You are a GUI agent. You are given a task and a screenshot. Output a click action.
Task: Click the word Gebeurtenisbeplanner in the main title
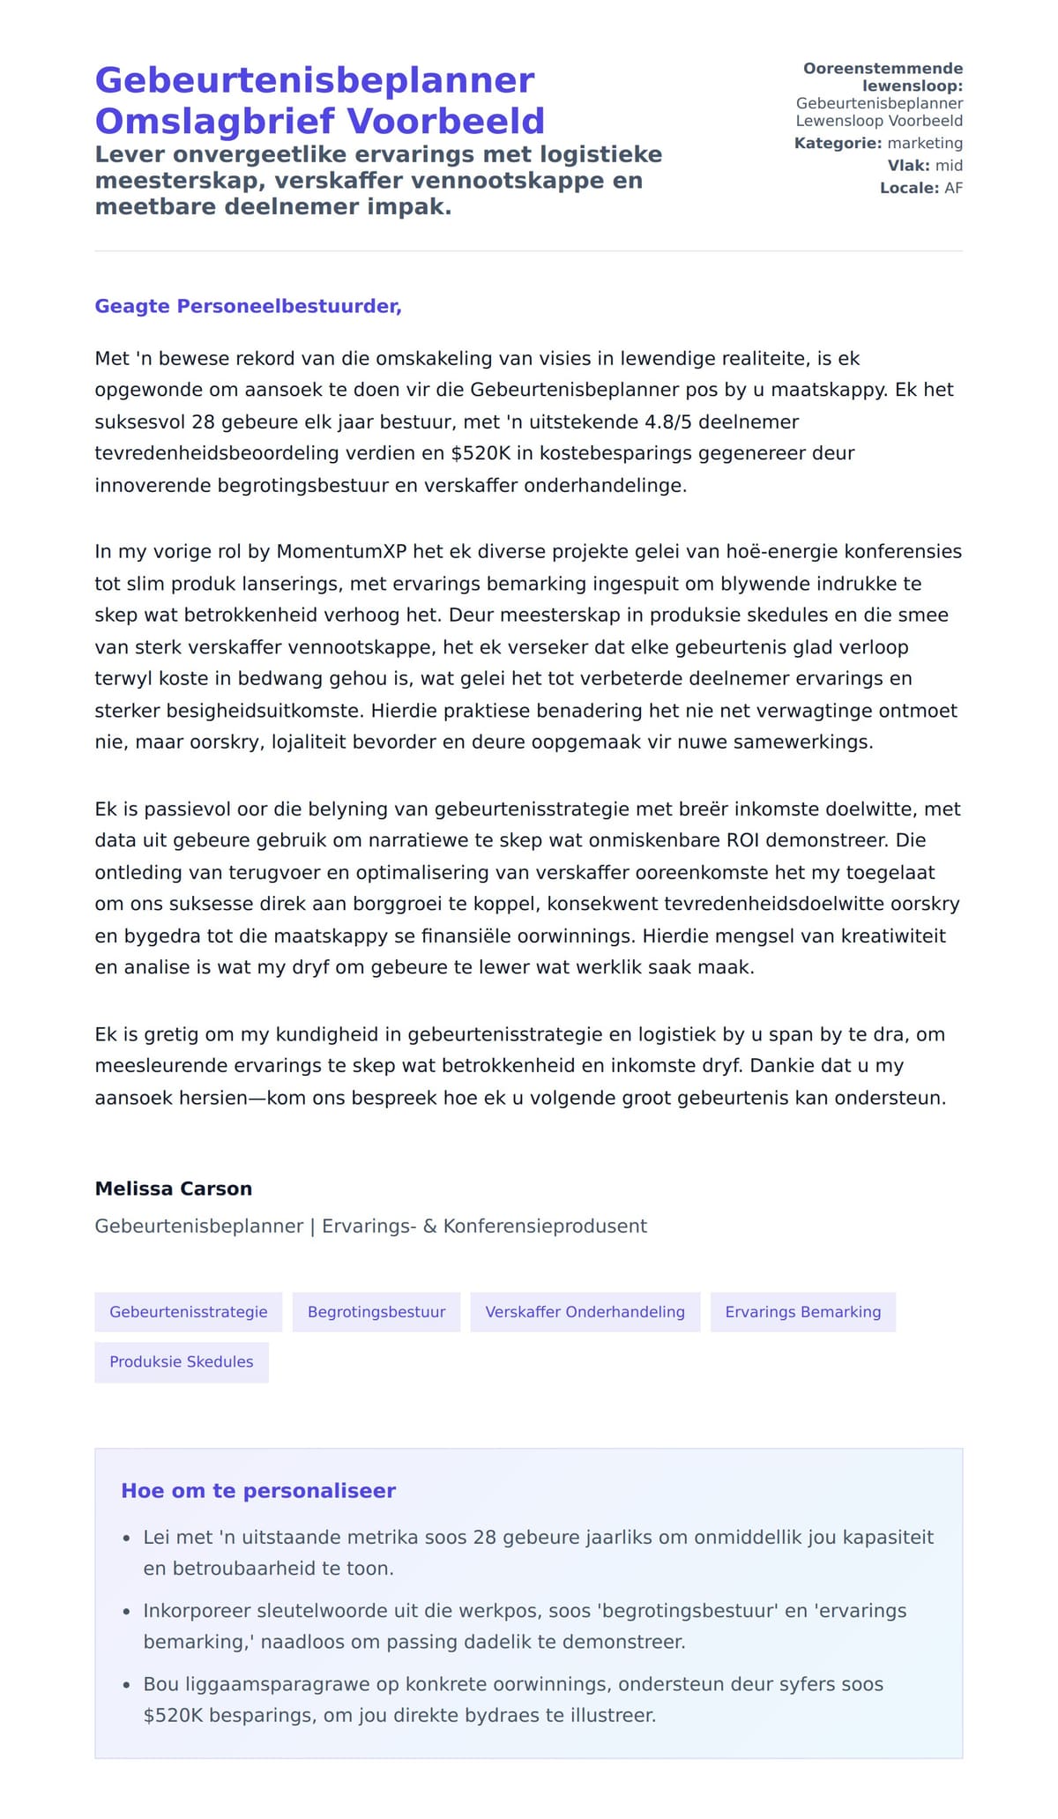tap(315, 81)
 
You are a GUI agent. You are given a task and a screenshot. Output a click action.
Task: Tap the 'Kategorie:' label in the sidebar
tap(837, 144)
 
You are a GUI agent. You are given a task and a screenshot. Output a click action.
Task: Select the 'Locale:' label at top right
tap(909, 188)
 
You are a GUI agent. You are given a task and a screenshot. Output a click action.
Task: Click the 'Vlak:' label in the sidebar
tap(908, 166)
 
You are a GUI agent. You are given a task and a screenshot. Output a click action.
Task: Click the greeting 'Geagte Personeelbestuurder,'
tap(248, 306)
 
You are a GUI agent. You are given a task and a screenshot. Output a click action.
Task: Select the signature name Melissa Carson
tap(174, 1189)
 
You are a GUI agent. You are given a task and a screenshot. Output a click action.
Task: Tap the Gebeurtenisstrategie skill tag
tap(188, 1312)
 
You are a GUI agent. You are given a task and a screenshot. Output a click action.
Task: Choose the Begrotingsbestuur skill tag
tap(376, 1312)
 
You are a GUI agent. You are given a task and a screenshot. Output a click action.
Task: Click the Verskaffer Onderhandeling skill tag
tap(585, 1312)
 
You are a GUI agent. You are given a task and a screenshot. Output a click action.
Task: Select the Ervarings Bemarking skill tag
tap(802, 1312)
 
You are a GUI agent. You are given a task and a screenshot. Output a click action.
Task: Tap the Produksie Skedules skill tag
tap(181, 1362)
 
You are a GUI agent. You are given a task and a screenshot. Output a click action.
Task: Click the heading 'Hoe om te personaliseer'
tap(258, 1491)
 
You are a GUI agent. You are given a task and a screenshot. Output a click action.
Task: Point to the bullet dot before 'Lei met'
tap(126, 1539)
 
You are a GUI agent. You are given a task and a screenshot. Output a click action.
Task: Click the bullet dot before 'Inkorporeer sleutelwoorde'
tap(126, 1612)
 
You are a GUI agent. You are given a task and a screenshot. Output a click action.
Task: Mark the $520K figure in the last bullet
tap(173, 1716)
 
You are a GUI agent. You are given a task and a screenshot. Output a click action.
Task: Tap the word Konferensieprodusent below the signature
tap(545, 1226)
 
